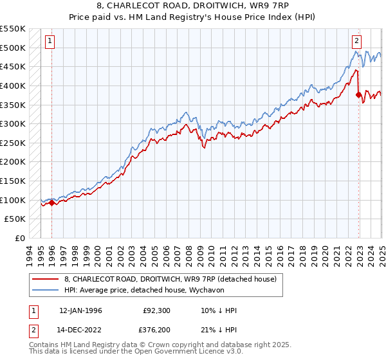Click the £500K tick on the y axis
[13, 48]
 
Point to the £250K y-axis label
[13, 143]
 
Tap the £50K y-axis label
[15, 219]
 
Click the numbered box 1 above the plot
[50, 41]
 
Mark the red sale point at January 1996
[51, 203]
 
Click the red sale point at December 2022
[358, 95]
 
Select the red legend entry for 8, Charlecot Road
[170, 279]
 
